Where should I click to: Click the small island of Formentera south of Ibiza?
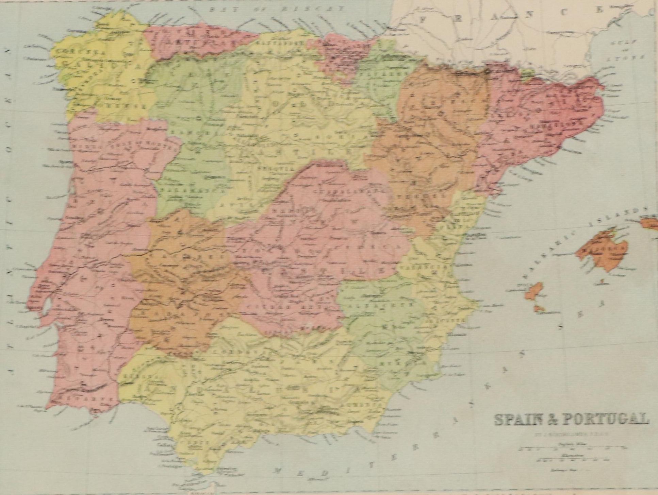pos(539,308)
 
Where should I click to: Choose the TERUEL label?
pos(423,196)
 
